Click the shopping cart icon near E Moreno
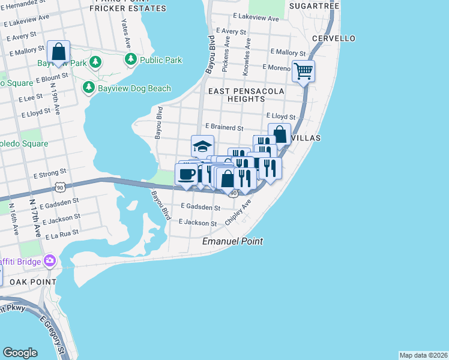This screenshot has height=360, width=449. point(304,71)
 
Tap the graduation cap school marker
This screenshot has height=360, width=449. point(203,146)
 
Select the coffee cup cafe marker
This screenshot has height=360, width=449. point(186,175)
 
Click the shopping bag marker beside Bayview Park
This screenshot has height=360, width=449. point(58,52)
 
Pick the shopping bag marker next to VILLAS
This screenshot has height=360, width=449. point(279,134)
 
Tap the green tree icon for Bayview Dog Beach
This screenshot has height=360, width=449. point(89,88)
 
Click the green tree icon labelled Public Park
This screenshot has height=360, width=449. point(131,60)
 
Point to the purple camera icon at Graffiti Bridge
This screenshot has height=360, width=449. point(49,261)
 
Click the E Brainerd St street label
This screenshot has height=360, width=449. point(223,128)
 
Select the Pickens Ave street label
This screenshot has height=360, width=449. point(226,55)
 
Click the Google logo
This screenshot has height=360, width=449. point(20,353)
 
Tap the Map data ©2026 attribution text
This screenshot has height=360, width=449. point(423,355)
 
